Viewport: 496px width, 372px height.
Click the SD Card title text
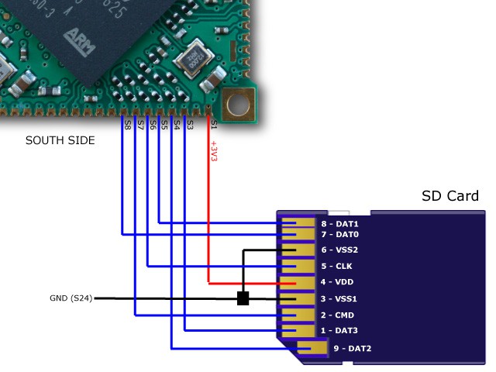click(x=450, y=196)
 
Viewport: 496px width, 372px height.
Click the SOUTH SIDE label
click(x=60, y=141)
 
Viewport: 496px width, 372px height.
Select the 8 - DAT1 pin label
click(x=339, y=224)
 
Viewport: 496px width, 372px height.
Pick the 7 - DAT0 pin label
click(x=339, y=234)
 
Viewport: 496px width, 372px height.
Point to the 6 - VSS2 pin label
click(x=339, y=250)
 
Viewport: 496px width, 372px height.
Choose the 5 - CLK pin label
click(x=337, y=267)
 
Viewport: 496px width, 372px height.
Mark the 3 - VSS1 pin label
click(x=339, y=298)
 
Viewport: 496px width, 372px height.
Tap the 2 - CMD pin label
click(x=338, y=315)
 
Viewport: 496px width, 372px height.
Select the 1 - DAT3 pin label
click(x=339, y=331)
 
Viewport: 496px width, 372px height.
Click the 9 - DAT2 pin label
click(x=352, y=349)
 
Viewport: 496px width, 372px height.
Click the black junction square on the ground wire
click(x=243, y=298)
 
